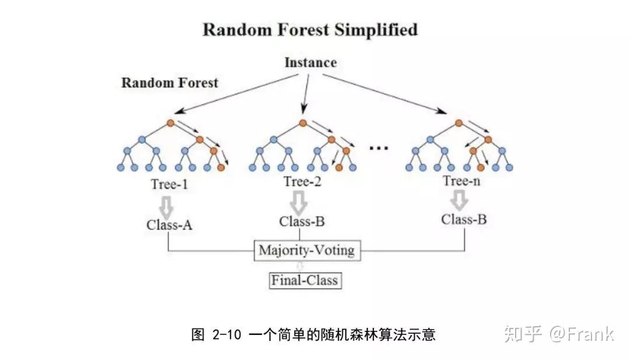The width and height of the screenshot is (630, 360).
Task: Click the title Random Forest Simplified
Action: [x=310, y=30]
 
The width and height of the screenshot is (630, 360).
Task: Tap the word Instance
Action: [x=310, y=62]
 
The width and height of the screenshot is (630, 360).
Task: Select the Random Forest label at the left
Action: [x=169, y=82]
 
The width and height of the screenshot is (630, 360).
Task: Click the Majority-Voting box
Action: [x=307, y=251]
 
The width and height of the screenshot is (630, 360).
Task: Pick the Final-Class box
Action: [x=304, y=281]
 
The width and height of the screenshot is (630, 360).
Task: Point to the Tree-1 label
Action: [x=170, y=184]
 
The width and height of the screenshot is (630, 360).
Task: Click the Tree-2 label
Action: [x=302, y=181]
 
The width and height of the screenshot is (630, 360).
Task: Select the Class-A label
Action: [x=170, y=225]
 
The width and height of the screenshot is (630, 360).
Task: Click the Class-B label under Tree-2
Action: [x=302, y=222]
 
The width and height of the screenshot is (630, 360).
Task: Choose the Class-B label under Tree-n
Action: [x=464, y=219]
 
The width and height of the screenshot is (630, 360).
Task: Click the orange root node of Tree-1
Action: [x=170, y=123]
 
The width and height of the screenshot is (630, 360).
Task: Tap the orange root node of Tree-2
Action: [x=303, y=123]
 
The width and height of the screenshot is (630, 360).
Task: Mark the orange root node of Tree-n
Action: [x=459, y=123]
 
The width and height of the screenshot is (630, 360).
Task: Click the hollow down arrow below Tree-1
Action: [x=167, y=205]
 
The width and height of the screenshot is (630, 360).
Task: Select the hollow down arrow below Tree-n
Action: [x=460, y=201]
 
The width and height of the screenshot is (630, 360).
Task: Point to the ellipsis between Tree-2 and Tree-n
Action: [x=379, y=148]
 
